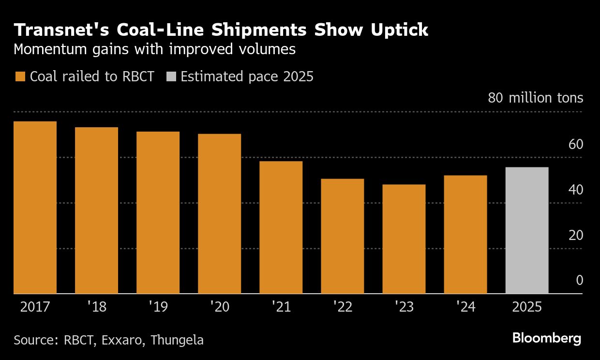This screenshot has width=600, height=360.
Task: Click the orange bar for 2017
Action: click(35, 208)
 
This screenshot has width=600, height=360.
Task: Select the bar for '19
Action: click(158, 212)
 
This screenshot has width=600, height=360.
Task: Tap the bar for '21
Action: click(281, 227)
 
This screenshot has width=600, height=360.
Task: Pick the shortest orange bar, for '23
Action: click(404, 239)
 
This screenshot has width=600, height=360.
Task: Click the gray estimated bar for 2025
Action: click(526, 230)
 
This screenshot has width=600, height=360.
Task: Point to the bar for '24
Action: click(465, 235)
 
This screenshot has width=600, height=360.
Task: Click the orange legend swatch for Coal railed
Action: click(20, 76)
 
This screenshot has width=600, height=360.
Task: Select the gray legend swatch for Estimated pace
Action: click(171, 76)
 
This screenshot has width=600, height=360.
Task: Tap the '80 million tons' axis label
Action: click(535, 98)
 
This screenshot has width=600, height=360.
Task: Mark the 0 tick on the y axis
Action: click(579, 281)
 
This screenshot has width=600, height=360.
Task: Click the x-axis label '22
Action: click(343, 307)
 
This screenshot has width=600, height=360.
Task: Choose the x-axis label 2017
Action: click(35, 307)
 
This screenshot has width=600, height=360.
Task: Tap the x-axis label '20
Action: click(220, 307)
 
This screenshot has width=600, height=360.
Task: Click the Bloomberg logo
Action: click(547, 338)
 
